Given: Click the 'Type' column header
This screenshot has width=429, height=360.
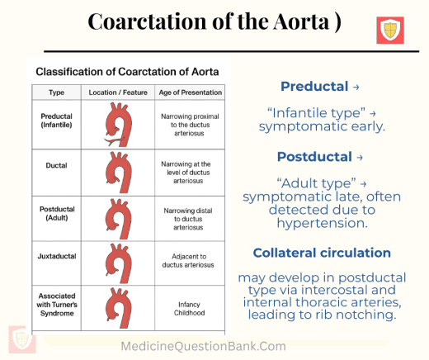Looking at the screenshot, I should pos(56,92).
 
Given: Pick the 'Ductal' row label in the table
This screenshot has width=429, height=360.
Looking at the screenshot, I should pos(56,165).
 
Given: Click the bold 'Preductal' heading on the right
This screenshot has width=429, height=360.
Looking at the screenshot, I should pos(315,86).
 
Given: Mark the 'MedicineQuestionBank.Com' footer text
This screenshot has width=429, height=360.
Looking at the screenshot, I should pos(215,347).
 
